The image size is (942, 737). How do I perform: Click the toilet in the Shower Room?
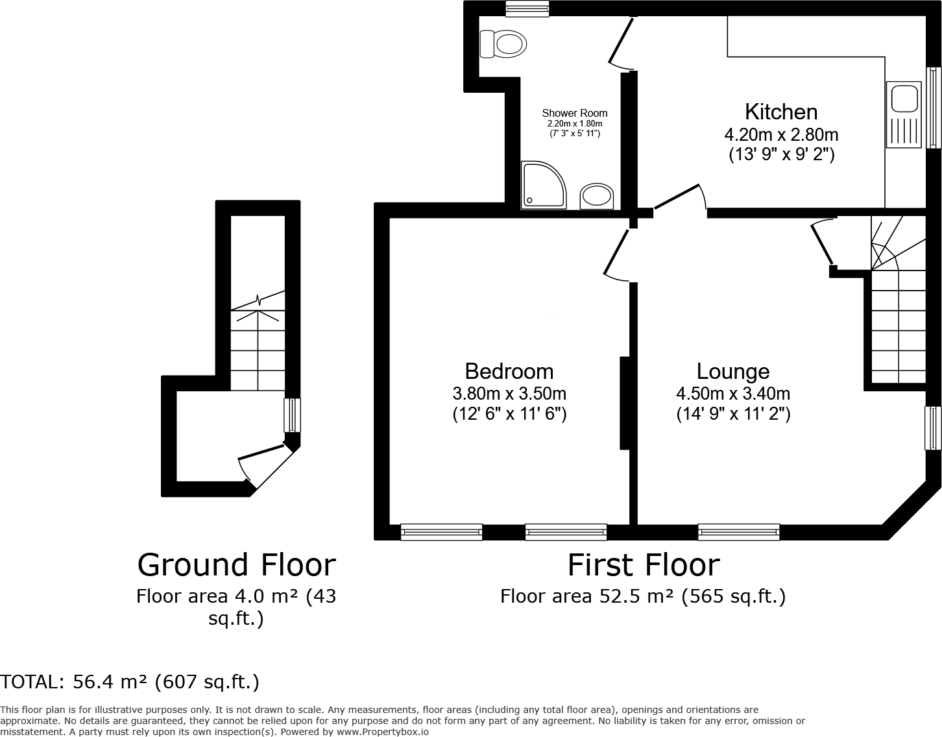coord(503,44)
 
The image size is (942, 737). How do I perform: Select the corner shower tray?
coord(542,186)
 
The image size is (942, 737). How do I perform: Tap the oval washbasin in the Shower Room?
coord(596,195)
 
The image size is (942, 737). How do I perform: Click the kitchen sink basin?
coord(902,99)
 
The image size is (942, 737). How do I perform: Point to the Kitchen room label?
coord(781,112)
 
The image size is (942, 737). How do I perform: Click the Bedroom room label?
coord(509,371)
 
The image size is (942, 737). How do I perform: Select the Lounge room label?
coord(733,371)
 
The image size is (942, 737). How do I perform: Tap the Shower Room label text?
coord(575,113)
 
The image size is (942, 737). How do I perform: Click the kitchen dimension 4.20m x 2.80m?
coord(781,135)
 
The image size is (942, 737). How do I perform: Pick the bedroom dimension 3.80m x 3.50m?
coord(509,393)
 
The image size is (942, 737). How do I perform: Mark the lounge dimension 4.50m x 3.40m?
coord(733,393)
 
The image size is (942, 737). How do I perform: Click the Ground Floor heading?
coord(236,564)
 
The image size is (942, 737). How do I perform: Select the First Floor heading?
coord(644,564)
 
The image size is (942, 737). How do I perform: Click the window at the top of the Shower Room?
coord(527,8)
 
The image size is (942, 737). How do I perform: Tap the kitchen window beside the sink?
coord(934,107)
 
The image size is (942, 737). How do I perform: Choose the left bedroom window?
coord(441,532)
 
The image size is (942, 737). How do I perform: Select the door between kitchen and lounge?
coord(680,197)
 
